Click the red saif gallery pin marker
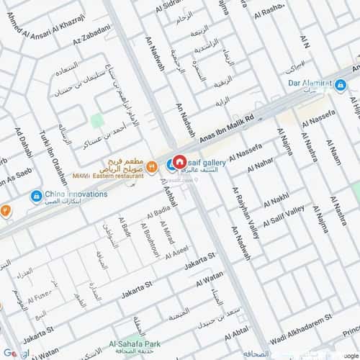pos(181,163)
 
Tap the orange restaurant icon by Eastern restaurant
pos(152,166)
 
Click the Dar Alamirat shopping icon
pos(341,85)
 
